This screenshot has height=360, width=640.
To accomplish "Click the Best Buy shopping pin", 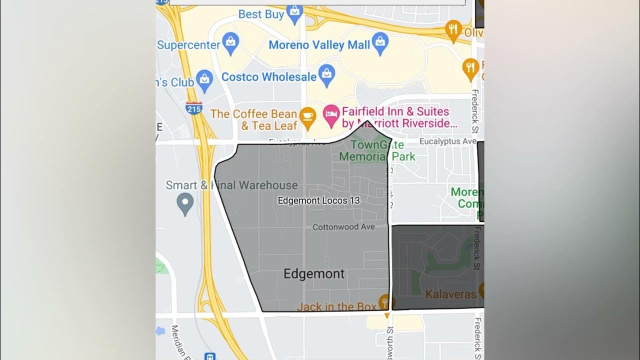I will click(295, 15).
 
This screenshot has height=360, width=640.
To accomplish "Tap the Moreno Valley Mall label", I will click(319, 45).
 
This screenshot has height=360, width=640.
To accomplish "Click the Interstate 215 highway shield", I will click(193, 107).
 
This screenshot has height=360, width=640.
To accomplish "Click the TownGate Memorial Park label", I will click(377, 150).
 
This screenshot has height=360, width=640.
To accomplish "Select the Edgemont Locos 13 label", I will click(318, 200).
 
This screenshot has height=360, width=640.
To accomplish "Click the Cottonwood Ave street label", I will click(343, 227).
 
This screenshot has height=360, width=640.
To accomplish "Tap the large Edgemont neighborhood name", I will click(314, 273).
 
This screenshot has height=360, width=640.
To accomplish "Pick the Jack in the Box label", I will click(336, 306).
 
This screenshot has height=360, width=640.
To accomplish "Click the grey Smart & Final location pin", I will click(185, 203).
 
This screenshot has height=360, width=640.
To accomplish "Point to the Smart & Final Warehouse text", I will click(231, 185).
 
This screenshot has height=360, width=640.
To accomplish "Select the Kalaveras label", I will click(450, 294).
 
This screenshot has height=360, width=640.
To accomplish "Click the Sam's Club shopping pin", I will click(204, 80).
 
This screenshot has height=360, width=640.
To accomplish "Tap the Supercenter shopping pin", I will click(230, 43).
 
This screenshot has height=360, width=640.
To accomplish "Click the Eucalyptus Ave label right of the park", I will click(447, 141).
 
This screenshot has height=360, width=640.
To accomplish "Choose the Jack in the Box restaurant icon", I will click(384, 302).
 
